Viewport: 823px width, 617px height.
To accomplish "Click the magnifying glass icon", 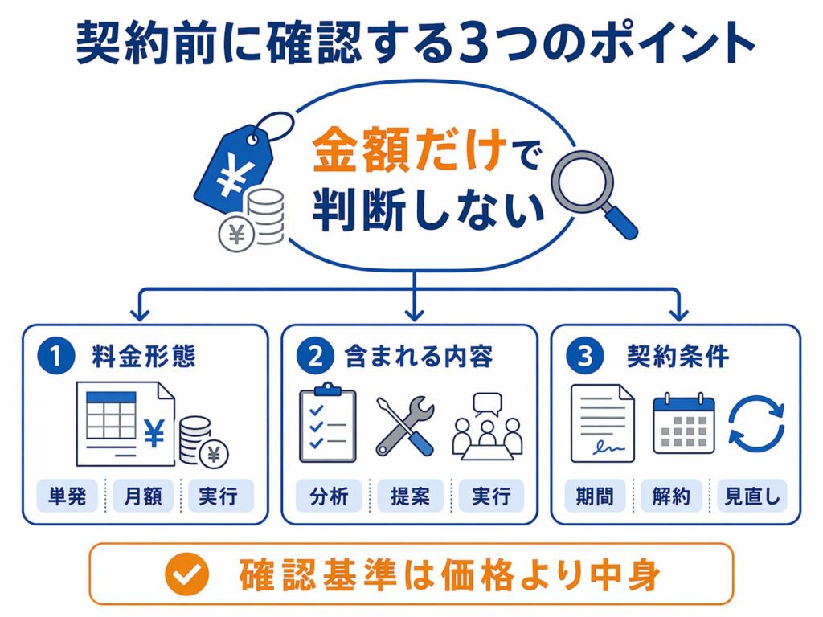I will point(592,188).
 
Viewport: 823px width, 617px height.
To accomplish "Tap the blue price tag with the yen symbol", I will point(235,168).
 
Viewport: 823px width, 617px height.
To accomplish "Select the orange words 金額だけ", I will point(409,152).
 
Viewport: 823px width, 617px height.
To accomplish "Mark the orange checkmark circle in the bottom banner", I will point(186,574).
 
